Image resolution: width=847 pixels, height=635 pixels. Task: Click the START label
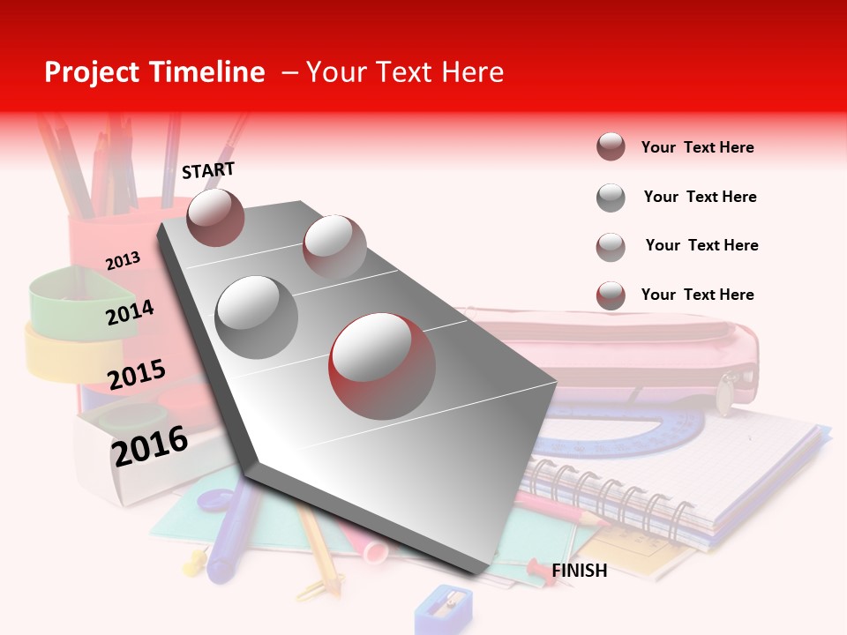tap(208, 170)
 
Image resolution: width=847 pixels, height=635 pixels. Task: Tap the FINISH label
tap(579, 571)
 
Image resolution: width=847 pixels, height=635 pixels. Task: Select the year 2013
tap(123, 261)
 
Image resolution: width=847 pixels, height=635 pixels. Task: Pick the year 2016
tap(150, 445)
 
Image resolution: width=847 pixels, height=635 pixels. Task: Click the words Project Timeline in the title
tap(154, 72)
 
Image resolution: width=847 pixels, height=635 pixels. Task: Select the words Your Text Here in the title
tap(404, 72)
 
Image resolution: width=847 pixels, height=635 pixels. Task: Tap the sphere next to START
tap(216, 217)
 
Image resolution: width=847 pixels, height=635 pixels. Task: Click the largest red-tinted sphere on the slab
tap(382, 366)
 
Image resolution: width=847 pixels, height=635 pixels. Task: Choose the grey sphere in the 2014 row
tap(257, 317)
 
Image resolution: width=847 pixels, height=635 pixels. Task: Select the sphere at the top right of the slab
tap(334, 246)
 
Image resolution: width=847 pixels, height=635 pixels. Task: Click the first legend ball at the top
tap(611, 146)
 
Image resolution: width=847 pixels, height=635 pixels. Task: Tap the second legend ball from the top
tap(611, 197)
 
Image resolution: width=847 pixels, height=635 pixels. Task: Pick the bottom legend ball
tap(611, 295)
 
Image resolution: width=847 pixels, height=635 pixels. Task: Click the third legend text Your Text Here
tap(701, 245)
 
